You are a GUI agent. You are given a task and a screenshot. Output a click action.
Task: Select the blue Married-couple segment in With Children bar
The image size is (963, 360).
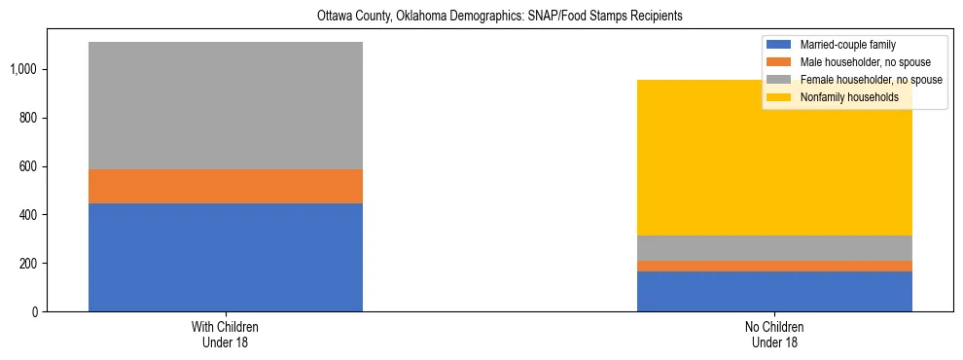[x=226, y=257]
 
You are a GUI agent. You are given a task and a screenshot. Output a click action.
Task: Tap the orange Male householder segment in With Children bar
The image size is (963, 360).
[x=226, y=186]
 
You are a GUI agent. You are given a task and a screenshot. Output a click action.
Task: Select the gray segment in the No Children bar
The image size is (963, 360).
[x=774, y=248]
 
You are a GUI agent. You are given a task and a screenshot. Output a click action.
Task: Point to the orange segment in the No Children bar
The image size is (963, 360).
[x=774, y=266]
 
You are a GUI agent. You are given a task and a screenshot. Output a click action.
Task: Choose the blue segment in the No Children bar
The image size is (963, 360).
[x=774, y=291]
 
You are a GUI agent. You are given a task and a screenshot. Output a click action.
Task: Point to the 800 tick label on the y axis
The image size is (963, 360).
[x=27, y=118]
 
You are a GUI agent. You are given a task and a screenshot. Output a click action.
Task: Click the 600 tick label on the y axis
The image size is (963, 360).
[x=27, y=166]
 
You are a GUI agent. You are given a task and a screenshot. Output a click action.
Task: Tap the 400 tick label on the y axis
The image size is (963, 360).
[x=27, y=215]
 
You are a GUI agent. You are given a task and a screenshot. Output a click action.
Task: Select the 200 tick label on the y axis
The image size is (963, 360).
[x=27, y=264]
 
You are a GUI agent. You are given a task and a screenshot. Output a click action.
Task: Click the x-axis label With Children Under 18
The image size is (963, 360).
[x=226, y=335]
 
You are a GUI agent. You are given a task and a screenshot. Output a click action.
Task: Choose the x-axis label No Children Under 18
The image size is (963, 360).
[x=774, y=335]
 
